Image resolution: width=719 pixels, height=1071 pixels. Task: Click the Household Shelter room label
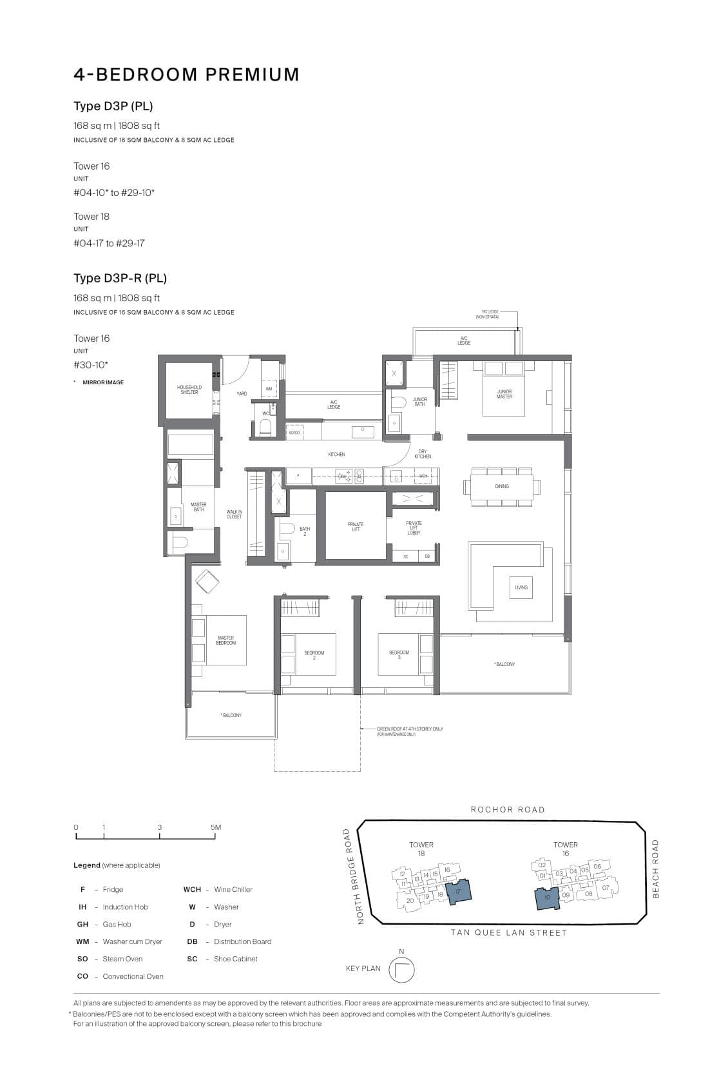click(189, 390)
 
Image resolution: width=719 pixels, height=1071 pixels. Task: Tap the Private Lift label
click(355, 527)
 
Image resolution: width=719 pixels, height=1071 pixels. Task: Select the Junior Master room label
click(504, 394)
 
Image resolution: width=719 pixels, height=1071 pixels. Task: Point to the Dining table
click(501, 486)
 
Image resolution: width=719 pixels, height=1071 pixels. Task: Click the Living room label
click(521, 587)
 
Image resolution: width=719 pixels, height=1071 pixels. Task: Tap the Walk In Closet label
click(234, 514)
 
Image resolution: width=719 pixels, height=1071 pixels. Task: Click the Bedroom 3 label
click(399, 654)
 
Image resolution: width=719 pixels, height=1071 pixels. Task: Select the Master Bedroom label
click(225, 640)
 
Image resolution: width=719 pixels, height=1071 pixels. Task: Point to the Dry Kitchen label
click(423, 454)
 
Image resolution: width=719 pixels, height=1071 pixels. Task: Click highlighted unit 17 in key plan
click(459, 891)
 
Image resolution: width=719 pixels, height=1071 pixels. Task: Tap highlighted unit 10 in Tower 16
click(547, 897)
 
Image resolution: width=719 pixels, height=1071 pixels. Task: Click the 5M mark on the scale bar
click(215, 827)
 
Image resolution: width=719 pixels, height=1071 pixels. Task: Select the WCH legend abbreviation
click(192, 889)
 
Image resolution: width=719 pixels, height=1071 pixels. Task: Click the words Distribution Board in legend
click(242, 941)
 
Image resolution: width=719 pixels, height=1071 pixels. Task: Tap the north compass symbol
click(401, 970)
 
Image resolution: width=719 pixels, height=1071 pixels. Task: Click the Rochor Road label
click(507, 809)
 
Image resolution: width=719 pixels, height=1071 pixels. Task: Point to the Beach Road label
click(656, 869)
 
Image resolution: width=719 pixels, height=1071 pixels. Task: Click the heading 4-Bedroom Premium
click(186, 75)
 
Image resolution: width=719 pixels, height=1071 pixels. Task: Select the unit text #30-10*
click(90, 365)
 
